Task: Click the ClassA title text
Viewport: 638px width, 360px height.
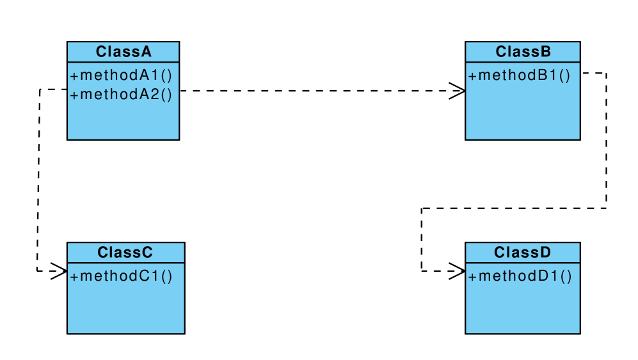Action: point(124,52)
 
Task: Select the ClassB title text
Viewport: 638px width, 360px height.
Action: point(523,52)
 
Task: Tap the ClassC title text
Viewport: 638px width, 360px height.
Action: point(125,253)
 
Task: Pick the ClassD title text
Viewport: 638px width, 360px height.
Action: point(522,253)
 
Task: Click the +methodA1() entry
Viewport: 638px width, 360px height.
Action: point(122,75)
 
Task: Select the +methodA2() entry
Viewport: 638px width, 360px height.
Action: point(122,95)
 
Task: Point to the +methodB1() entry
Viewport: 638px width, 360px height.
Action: point(519,75)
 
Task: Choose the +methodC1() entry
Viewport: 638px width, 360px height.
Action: point(122,276)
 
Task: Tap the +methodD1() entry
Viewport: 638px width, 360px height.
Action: point(520,276)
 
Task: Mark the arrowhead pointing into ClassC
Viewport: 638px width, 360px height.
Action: point(60,270)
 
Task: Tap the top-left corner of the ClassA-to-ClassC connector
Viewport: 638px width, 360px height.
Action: point(40,90)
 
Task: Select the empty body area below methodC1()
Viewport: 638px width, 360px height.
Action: point(125,310)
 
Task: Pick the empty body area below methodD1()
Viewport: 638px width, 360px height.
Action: point(522,310)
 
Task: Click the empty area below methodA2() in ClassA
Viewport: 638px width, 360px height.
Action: point(123,121)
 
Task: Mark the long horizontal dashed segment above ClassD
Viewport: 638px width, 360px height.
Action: point(512,208)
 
